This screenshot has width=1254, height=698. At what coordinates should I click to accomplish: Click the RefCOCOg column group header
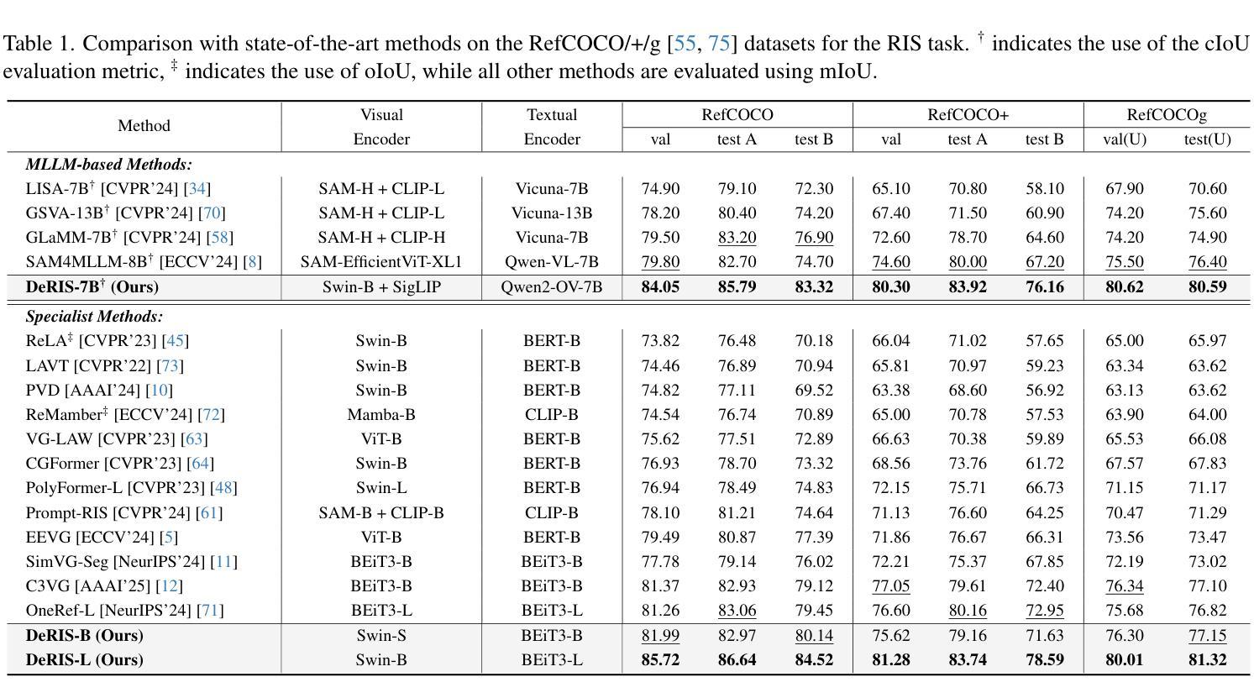[x=1167, y=115]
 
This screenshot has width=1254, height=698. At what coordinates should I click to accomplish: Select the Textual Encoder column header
[x=552, y=127]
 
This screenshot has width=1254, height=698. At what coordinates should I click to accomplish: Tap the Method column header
[x=144, y=125]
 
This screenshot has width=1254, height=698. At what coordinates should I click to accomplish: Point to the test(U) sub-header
[x=1208, y=139]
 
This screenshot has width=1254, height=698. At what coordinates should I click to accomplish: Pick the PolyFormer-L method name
[x=74, y=487]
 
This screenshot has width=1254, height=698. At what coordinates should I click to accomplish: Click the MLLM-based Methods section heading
[x=108, y=164]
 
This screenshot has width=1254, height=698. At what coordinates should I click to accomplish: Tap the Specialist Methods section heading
[x=94, y=317]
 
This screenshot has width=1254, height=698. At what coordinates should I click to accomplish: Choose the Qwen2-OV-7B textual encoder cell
[x=552, y=286]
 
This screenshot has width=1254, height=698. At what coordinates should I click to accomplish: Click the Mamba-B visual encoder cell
[x=381, y=414]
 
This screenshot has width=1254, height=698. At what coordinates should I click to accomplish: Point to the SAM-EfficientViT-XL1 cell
[x=381, y=261]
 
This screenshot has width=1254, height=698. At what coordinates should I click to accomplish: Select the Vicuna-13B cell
[x=552, y=213]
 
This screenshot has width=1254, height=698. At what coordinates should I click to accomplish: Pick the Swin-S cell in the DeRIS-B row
[x=381, y=635]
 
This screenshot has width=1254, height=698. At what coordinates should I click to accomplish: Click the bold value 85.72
[x=660, y=659]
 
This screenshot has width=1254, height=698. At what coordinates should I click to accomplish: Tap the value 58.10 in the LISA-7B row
[x=1045, y=188]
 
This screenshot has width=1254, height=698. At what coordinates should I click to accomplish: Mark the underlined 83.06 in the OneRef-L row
[x=737, y=610]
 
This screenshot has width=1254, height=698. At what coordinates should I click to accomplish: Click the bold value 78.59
[x=1045, y=659]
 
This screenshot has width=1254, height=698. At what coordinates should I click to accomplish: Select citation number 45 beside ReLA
[x=176, y=340]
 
